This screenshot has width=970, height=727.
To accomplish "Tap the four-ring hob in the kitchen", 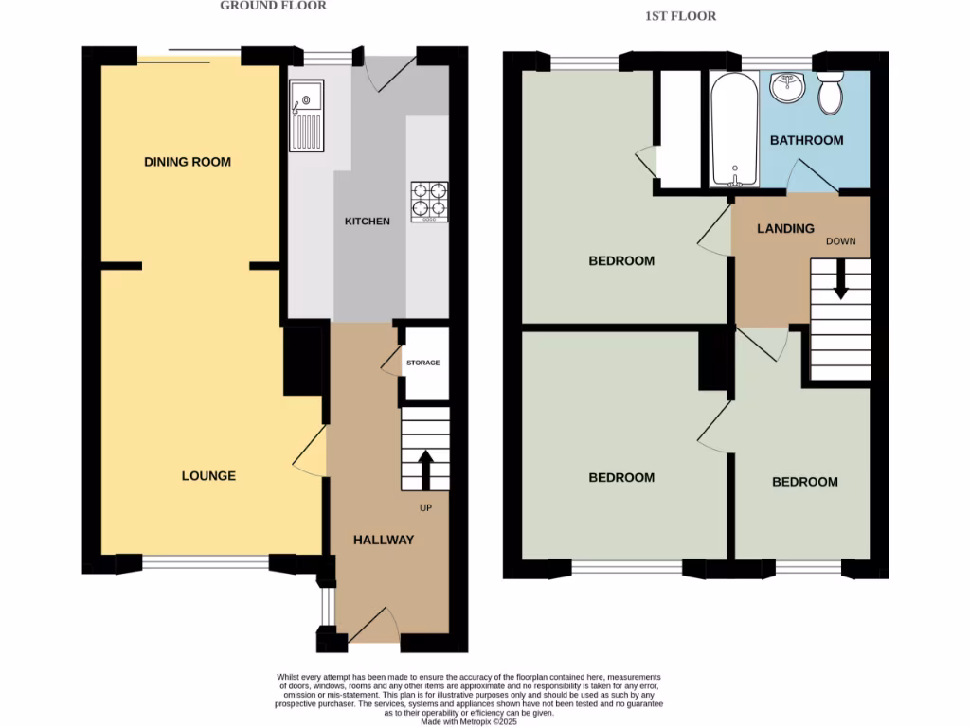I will pos(429,201).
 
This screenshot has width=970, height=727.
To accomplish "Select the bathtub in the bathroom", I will pos(734,130).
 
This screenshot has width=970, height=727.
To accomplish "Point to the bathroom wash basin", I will pos(787,88).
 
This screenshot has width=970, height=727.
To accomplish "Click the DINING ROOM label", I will pos(188,162).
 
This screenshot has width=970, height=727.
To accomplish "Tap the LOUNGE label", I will pos(208,476).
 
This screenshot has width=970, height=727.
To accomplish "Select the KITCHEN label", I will pos(367,222).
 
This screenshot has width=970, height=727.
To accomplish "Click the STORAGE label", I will pos(423,363).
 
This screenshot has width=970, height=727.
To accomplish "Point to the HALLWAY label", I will pos(384,541).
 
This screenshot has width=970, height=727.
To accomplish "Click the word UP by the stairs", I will pos(425,507).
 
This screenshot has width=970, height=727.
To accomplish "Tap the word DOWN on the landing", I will pos(840,241).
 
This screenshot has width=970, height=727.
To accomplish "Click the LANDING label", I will pos(785,228).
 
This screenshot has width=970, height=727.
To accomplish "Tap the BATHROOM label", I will pos(806,141).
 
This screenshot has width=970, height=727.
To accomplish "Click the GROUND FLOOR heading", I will pos(273,6).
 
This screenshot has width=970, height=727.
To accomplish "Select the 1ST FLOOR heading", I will pos(680,16).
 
